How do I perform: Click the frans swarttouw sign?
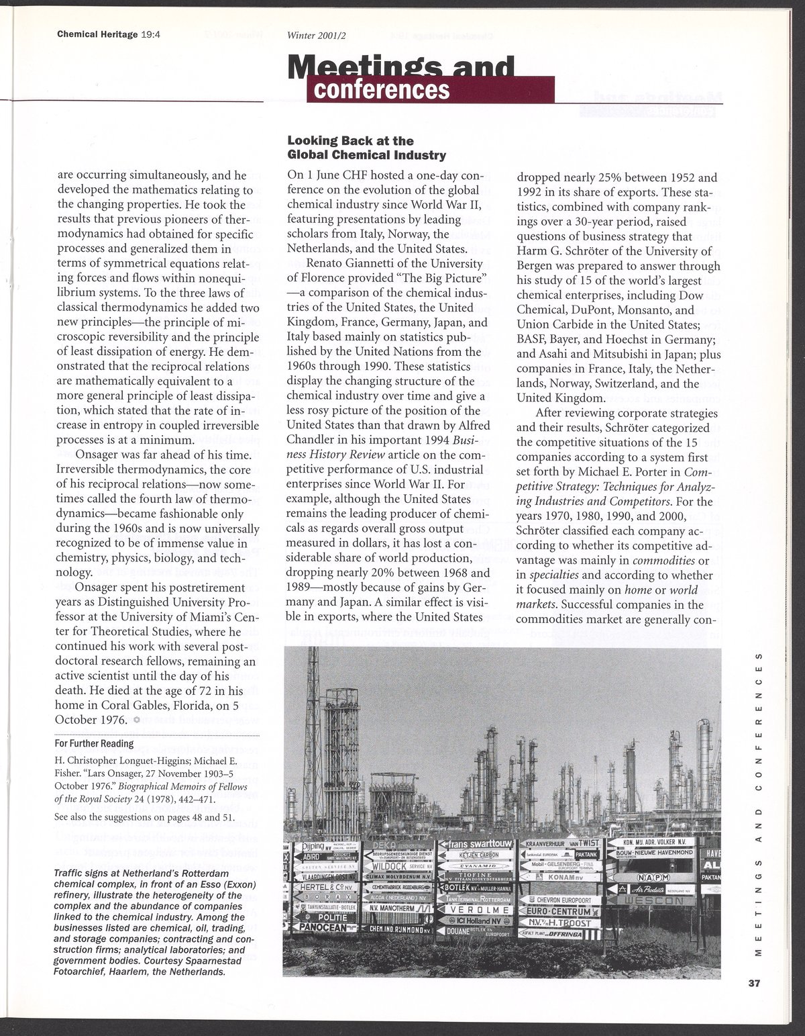tap(478, 844)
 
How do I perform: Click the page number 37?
tap(753, 984)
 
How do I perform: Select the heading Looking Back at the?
tap(350, 141)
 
